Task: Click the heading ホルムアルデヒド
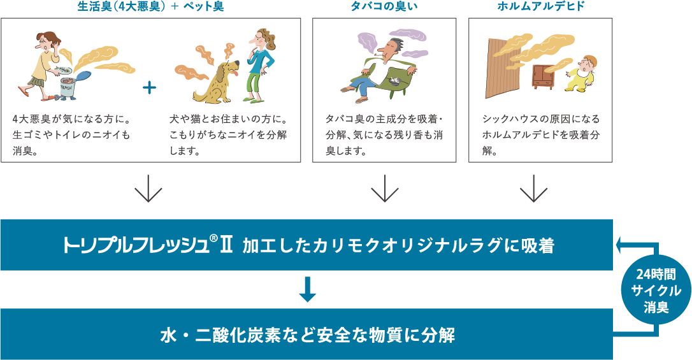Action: pos(540,7)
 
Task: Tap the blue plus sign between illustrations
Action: pos(150,87)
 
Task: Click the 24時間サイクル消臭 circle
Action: pos(656,291)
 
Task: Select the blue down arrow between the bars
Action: pos(307,289)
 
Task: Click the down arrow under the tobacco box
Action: pos(384,191)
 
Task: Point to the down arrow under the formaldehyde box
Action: pos(534,191)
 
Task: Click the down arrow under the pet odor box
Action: pos(148,191)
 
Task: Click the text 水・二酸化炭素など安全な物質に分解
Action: pos(307,334)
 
